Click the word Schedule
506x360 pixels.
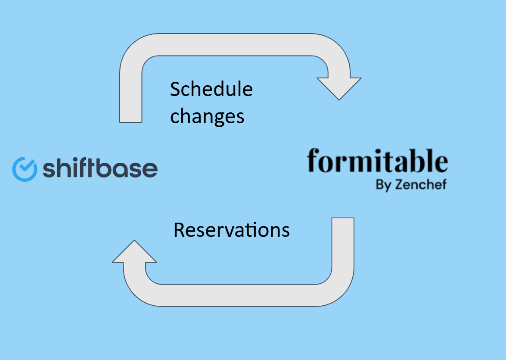[x=211, y=89]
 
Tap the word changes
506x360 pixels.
[x=207, y=117]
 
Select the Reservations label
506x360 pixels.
[x=232, y=230]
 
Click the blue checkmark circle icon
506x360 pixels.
[x=25, y=169]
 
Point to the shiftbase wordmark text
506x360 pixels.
[x=100, y=168]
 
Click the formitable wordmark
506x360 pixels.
[x=378, y=160]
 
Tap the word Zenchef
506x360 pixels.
[x=421, y=184]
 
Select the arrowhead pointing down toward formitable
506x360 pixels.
[x=339, y=89]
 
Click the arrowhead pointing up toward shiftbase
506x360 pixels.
[x=134, y=251]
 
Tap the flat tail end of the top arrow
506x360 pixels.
[x=130, y=122]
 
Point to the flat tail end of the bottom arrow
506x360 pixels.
[x=343, y=218]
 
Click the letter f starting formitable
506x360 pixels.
[x=313, y=160]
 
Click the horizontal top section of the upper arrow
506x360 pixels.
[x=235, y=44]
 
